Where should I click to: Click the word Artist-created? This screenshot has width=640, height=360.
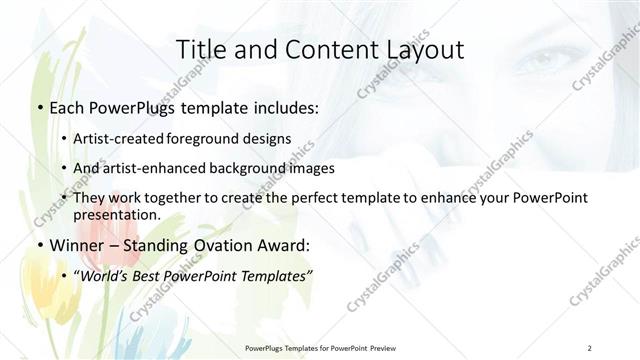click(134, 139)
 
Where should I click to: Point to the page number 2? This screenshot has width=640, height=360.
click(590, 347)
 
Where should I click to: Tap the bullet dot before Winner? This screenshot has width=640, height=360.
click(38, 244)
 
